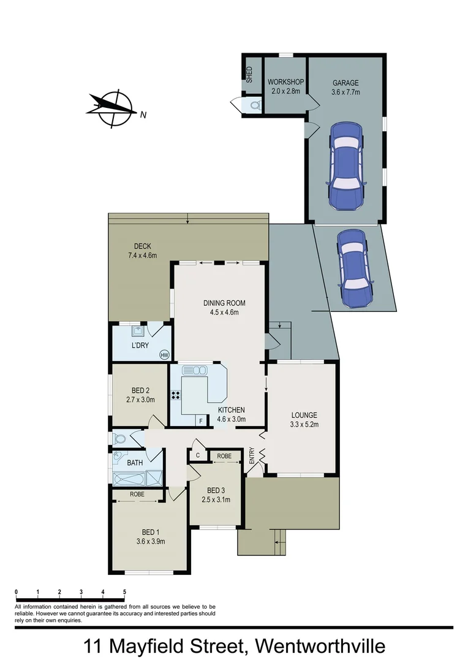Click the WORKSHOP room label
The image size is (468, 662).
285,82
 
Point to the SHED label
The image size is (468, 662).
249,74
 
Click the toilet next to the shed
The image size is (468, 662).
253,105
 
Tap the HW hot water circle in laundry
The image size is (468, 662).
164,355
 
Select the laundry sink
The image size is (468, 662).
138,332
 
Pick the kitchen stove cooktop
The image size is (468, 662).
176,395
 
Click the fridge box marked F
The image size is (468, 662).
200,420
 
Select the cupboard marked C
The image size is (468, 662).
198,455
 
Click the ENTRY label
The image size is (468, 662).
251,455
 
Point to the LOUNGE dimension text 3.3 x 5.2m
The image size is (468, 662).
304,424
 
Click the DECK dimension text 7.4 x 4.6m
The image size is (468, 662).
142,255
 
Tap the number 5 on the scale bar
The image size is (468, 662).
124,592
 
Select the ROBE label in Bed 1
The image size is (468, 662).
136,493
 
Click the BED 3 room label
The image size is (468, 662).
215,490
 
